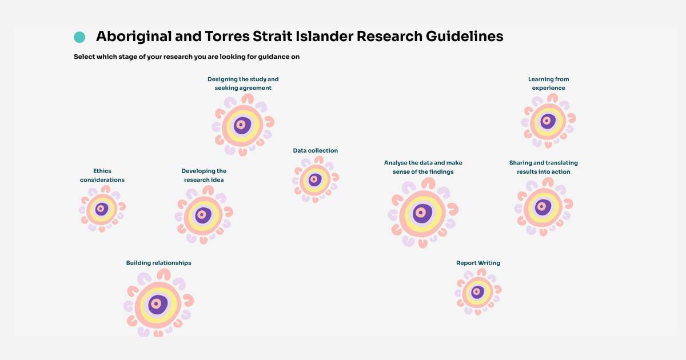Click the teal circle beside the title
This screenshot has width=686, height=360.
coord(79,37)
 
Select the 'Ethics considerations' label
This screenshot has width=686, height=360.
coord(102,175)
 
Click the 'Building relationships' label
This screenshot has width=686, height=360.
coord(158,263)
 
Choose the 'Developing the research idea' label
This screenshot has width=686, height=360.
coord(204,175)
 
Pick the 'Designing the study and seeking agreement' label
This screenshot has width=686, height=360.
coord(243,83)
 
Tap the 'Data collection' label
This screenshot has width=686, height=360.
coord(315,151)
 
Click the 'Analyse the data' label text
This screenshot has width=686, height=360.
coord(423,167)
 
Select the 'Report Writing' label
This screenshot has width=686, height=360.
coord(478,263)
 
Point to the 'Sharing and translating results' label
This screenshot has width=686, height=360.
coord(543,167)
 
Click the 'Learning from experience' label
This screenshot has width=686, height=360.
coord(548,83)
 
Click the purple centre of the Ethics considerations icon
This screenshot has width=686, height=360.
coord(101,209)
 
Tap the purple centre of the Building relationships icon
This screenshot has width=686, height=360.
coord(157,304)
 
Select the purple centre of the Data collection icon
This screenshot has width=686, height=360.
coord(314,179)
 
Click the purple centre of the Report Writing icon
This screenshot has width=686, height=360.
coord(477,292)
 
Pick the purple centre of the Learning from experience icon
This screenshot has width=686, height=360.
coord(547,121)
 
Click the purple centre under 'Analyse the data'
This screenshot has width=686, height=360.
coord(422,213)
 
